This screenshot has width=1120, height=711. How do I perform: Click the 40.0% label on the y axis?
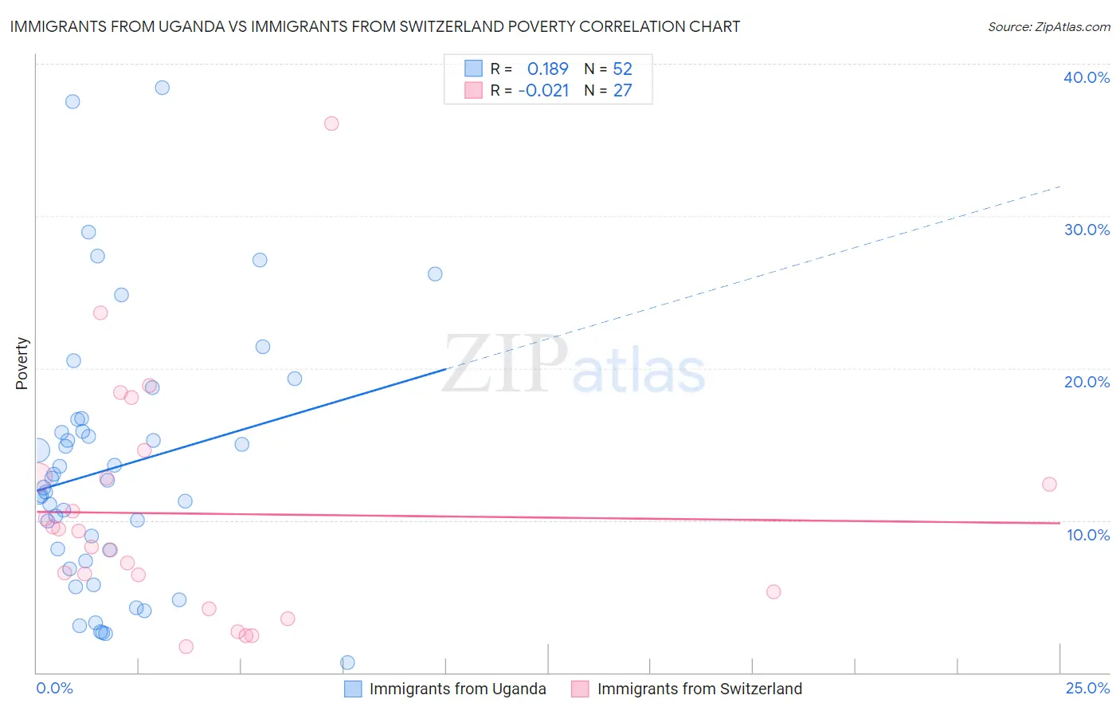tap(1087, 77)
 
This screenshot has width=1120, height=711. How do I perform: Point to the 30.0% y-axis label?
tap(1087, 230)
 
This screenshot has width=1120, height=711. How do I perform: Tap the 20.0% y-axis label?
tap(1087, 382)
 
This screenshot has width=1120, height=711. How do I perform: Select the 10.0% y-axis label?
tap(1088, 535)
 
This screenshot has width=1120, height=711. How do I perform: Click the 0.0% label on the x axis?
tap(54, 688)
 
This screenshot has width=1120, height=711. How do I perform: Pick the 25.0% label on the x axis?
tap(1087, 688)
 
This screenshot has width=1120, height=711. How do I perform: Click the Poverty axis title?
tap(22, 363)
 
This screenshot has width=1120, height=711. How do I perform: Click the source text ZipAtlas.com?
tap(1071, 26)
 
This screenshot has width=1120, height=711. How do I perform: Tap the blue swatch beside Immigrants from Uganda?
tap(353, 689)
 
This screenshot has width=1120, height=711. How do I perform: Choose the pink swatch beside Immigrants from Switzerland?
tap(580, 689)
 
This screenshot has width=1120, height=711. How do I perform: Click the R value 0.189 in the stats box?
tap(547, 69)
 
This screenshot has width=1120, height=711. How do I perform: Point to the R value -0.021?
tap(543, 91)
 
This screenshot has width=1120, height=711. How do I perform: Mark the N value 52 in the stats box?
tap(622, 69)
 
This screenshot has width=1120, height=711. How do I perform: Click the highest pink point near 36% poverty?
tap(331, 124)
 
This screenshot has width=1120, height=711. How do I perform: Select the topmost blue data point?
tap(162, 88)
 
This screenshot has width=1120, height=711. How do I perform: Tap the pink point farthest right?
tap(1049, 485)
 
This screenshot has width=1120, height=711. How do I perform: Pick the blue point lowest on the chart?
tap(347, 662)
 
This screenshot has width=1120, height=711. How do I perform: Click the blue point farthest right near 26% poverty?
tap(435, 274)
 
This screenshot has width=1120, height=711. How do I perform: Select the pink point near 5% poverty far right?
tap(773, 591)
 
